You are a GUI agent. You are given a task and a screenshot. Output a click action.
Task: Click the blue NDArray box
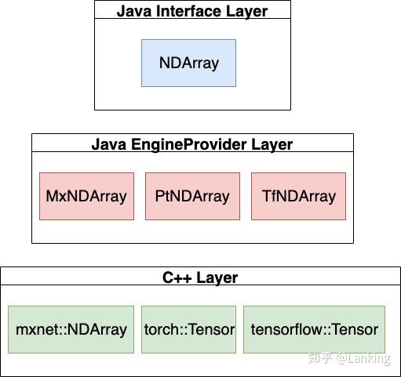[188, 63]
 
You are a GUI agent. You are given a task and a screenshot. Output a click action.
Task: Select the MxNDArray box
[86, 196]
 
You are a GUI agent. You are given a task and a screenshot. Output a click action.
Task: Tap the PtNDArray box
[192, 196]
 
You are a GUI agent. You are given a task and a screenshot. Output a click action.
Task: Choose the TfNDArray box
[298, 196]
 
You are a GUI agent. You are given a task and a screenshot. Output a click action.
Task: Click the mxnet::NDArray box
[71, 329]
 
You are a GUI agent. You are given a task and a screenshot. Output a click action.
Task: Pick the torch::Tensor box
[189, 329]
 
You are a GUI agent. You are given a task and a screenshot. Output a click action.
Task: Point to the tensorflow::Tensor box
[314, 329]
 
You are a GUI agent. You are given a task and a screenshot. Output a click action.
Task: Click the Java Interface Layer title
[192, 11]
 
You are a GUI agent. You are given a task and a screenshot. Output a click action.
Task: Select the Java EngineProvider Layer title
[192, 144]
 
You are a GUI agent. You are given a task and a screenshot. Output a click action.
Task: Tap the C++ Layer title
[200, 277]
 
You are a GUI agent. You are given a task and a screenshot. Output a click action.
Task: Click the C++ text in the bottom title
[177, 277]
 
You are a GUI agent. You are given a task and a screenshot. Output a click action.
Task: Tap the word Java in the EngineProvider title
[108, 144]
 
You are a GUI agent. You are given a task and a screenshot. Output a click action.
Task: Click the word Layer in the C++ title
[217, 277]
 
